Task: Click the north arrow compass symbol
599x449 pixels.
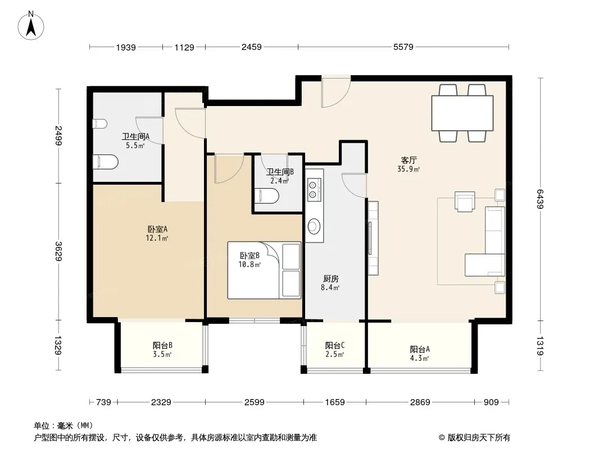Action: pyautogui.click(x=31, y=26)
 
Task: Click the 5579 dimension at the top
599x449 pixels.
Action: pyautogui.click(x=403, y=47)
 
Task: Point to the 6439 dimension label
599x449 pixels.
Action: pyautogui.click(x=539, y=199)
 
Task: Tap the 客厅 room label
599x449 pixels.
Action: pyautogui.click(x=409, y=160)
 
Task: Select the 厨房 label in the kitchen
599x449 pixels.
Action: pyautogui.click(x=331, y=279)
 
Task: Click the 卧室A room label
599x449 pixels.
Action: pyautogui.click(x=157, y=229)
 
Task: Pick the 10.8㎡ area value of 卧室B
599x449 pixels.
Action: pyautogui.click(x=249, y=264)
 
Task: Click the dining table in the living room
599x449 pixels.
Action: pyautogui.click(x=462, y=113)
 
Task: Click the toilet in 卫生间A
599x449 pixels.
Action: pyautogui.click(x=106, y=162)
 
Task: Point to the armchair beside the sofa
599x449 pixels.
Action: pyautogui.click(x=465, y=201)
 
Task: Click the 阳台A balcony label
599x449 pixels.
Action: pyautogui.click(x=420, y=349)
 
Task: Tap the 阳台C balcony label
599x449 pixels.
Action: pyautogui.click(x=335, y=345)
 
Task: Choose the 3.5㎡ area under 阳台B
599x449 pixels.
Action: pyautogui.click(x=162, y=354)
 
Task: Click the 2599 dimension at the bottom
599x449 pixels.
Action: pyautogui.click(x=255, y=402)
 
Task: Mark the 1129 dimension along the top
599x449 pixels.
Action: pyautogui.click(x=184, y=47)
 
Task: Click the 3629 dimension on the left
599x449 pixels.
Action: pyautogui.click(x=58, y=251)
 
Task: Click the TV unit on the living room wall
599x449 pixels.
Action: pyautogui.click(x=373, y=238)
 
